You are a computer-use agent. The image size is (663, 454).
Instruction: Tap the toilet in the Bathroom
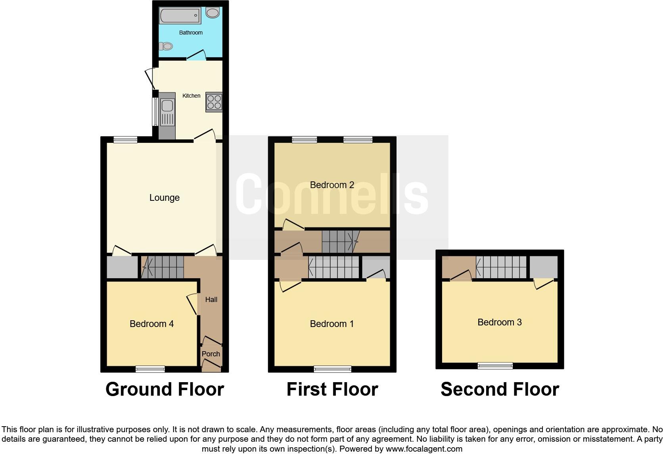[166, 46]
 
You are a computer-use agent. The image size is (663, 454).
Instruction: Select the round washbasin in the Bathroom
[213, 13]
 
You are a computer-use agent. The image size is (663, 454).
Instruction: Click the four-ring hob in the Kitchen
[214, 102]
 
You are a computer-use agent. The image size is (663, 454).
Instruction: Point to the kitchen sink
[167, 106]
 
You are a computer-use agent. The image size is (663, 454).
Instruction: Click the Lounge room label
[164, 198]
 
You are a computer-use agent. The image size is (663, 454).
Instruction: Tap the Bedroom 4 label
[151, 324]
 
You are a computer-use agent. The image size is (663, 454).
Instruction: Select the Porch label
[211, 354]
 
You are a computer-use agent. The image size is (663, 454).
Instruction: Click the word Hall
[211, 300]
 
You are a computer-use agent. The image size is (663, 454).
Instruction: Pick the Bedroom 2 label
[332, 185]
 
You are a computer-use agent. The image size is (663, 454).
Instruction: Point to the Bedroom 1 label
[332, 324]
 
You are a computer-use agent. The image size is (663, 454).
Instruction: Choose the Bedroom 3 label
[499, 322]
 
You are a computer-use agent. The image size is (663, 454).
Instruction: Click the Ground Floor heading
[165, 389]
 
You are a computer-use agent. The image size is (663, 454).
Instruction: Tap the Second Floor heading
[500, 389]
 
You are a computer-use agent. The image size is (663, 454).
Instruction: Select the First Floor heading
[332, 389]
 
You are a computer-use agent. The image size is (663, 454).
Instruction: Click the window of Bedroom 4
[150, 369]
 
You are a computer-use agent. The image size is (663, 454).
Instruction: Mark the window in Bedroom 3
[495, 366]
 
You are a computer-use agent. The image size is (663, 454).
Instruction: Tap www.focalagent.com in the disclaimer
[423, 449]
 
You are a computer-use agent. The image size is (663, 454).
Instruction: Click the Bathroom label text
[191, 33]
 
